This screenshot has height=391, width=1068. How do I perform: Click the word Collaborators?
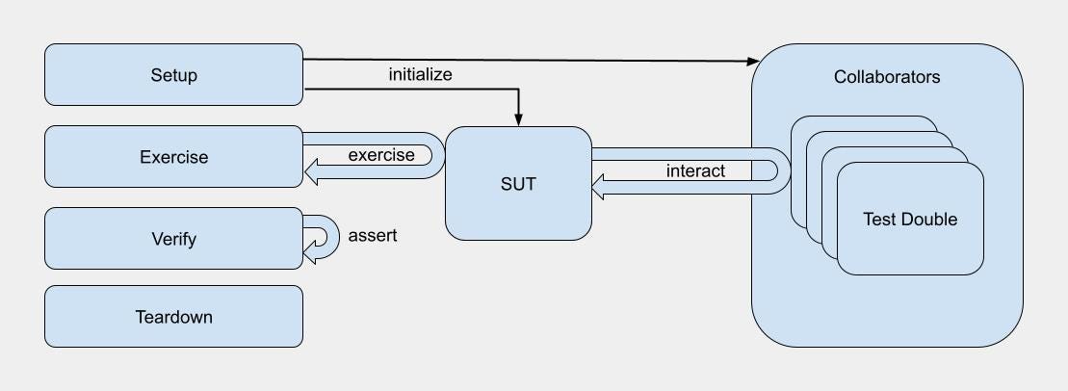point(886,77)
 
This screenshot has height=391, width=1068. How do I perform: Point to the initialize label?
point(420,74)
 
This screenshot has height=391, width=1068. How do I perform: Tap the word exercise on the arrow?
point(381,155)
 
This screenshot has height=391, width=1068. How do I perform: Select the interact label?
point(695,171)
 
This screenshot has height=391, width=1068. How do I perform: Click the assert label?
point(372,235)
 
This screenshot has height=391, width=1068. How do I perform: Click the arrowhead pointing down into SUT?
point(518,120)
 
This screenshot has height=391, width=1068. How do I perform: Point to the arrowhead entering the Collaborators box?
point(754,62)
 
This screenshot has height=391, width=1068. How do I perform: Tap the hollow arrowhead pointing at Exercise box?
point(312,172)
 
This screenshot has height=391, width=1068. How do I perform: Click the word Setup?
point(173,75)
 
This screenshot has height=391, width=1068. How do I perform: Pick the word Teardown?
point(173,317)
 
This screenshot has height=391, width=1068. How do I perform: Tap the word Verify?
point(173,238)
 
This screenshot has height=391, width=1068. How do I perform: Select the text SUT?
point(517,183)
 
